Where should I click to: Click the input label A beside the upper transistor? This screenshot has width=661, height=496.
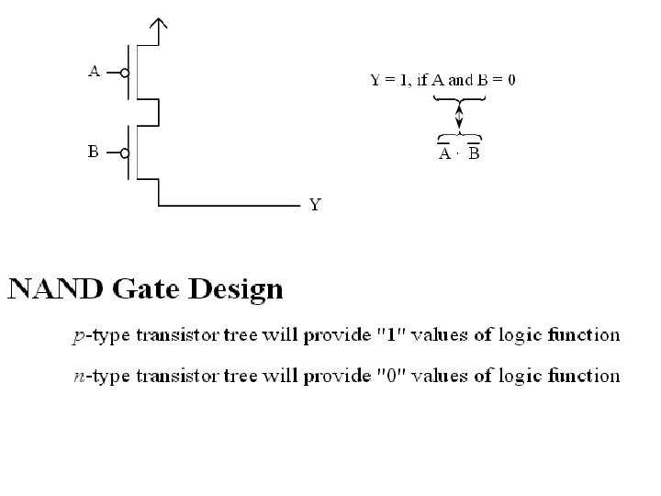click(94, 70)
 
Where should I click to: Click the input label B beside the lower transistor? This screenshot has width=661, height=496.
click(94, 152)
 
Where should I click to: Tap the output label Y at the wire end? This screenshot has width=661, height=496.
click(315, 205)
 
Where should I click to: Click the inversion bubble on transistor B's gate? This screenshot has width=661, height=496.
click(124, 152)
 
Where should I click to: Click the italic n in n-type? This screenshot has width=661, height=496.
click(78, 376)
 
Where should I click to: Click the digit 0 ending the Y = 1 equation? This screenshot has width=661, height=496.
click(511, 80)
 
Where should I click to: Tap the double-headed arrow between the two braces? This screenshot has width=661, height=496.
click(459, 118)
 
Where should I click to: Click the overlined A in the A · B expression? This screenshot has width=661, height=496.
click(444, 153)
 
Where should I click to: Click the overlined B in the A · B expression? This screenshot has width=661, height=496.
click(473, 153)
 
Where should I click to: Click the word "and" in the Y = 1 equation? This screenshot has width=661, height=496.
click(460, 80)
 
